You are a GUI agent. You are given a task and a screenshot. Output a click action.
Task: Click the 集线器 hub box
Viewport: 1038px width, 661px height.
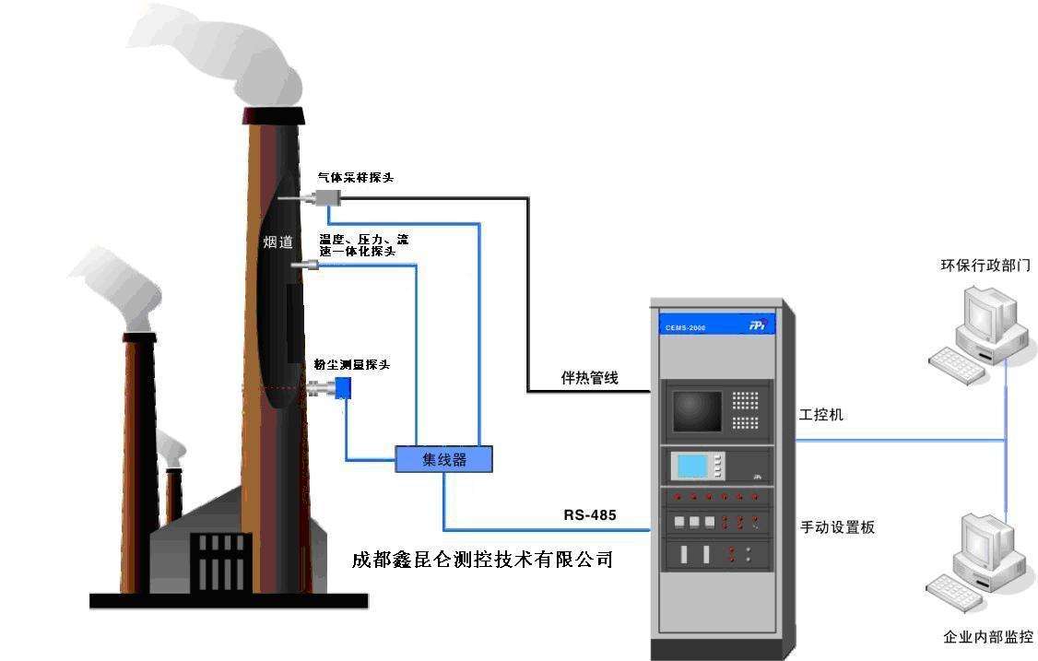[x=443, y=459]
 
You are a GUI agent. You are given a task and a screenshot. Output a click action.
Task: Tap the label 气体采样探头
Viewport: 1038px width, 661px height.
[x=356, y=177]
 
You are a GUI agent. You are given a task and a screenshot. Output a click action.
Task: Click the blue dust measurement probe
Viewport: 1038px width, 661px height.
[x=343, y=389]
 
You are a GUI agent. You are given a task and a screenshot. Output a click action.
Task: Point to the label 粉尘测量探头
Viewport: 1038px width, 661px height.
[x=351, y=365]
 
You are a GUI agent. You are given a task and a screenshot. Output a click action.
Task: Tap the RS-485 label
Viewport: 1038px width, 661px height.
[x=590, y=513]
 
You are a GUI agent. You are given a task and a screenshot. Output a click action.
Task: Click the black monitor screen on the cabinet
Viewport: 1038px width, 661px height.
[x=697, y=410]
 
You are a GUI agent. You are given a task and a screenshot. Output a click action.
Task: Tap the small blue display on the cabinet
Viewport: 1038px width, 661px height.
[x=691, y=466]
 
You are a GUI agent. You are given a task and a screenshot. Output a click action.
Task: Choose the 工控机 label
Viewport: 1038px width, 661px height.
[x=820, y=416]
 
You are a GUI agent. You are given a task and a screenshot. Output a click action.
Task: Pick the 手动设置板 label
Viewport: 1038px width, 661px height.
[x=837, y=527]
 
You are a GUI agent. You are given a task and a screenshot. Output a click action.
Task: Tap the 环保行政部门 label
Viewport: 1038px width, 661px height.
[x=985, y=266]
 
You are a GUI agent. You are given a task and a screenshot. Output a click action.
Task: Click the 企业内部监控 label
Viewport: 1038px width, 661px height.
[x=987, y=637]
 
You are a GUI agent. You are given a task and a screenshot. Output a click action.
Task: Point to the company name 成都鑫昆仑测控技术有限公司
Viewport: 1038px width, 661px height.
[x=482, y=560]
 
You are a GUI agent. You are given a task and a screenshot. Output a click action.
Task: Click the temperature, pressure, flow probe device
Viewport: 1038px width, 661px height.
[x=306, y=266]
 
